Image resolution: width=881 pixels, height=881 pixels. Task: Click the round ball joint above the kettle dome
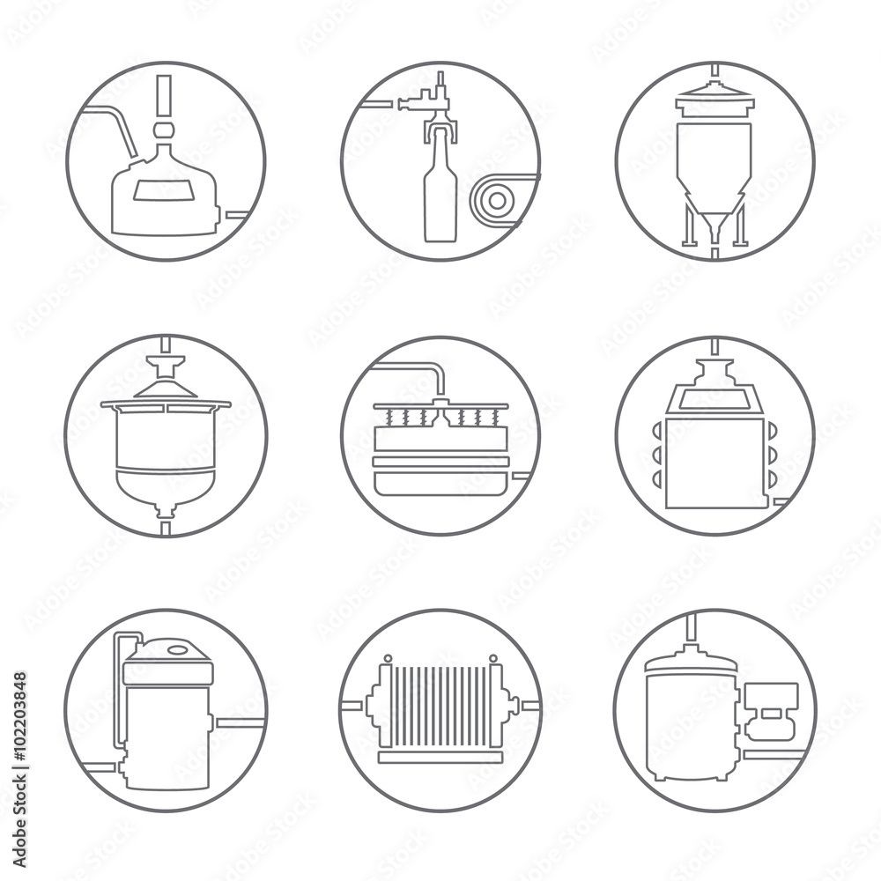pos(163,130)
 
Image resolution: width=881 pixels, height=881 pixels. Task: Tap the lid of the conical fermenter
pos(714,100)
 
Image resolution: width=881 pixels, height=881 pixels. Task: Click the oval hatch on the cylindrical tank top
pos(179,649)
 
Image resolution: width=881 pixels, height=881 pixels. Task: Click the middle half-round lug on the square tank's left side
pos(657,454)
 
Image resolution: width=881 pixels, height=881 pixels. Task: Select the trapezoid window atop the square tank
pos(714,399)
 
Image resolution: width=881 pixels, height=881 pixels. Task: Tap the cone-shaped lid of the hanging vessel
pos(166,389)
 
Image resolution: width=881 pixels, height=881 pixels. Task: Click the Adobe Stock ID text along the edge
pos(19,770)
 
